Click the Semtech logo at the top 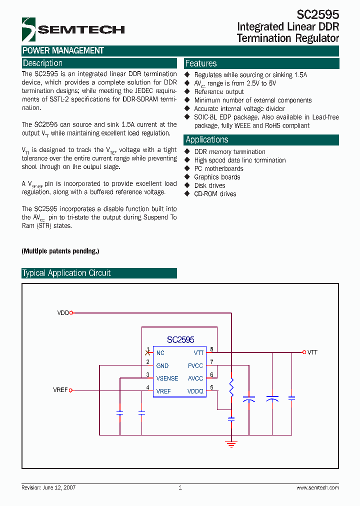[x=73, y=29]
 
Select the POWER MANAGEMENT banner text [x=63, y=50]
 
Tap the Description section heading [x=43, y=63]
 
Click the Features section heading [x=201, y=63]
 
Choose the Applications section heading [x=207, y=140]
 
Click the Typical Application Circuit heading [x=66, y=273]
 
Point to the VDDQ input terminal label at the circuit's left [x=63, y=313]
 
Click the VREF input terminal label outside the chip [x=60, y=390]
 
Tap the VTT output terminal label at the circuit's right [x=312, y=352]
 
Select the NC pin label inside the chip [x=160, y=353]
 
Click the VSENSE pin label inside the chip [x=167, y=378]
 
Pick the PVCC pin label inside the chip [x=195, y=366]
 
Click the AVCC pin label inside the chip [x=195, y=378]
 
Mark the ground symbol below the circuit [x=231, y=443]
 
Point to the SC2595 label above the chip [x=180, y=339]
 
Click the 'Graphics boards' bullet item [x=217, y=177]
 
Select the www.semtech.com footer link [x=317, y=487]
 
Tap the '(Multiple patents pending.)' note [x=60, y=251]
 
